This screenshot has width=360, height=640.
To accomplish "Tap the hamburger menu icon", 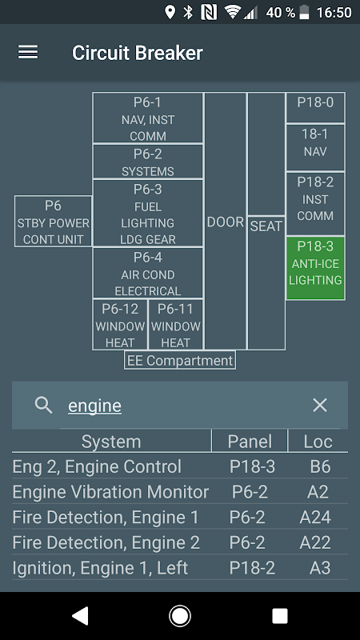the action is pos(28,52).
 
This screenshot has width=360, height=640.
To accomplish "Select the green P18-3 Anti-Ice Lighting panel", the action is pos(315,268).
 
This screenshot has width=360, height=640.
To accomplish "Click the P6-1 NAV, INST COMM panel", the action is pos(148,118).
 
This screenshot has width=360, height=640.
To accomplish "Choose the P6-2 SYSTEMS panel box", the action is pos(148,162).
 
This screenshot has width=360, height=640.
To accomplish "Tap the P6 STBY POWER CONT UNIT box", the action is pos(53,222).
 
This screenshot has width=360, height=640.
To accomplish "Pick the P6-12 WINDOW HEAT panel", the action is pos(120,325).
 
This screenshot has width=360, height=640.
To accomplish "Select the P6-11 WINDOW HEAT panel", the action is pos(175,325).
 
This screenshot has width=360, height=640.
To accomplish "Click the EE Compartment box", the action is pos(180,361).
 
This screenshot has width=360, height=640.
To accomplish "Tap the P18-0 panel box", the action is pos(315,107).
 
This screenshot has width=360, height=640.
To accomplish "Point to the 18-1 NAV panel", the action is pos(315,147).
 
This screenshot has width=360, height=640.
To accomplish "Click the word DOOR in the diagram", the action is pos(226,222).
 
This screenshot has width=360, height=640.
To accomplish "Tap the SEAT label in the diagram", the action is pos(266,226).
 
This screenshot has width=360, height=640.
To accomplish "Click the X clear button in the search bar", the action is pos(319,406).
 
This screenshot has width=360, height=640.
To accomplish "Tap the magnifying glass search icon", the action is pos(43,406).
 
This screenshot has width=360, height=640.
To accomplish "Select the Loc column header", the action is pos(318,442).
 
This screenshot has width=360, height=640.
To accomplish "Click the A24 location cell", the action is pos(315,517).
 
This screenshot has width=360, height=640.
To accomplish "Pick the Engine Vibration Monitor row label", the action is pos(110,492).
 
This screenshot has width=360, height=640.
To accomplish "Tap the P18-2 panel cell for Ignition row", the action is pos(252,568).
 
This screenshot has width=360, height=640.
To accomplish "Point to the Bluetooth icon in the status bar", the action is pos(188,12).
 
